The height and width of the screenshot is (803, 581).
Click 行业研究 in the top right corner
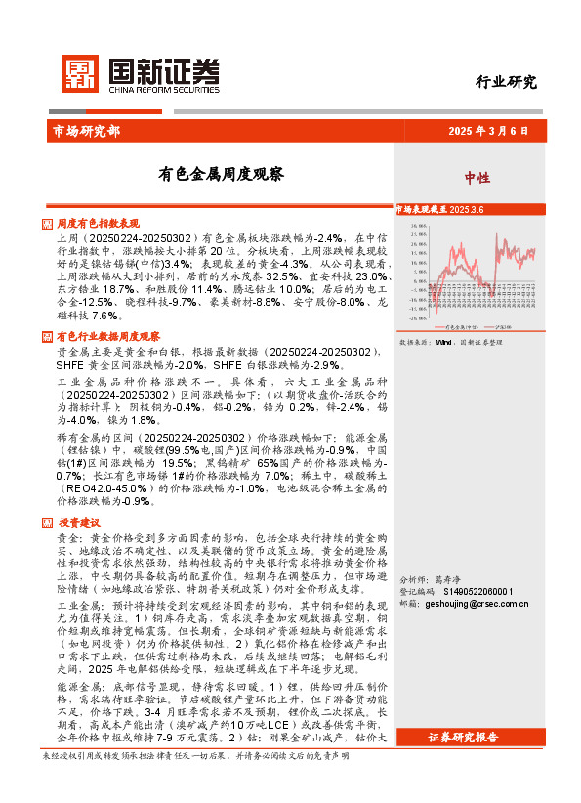(x=505, y=82)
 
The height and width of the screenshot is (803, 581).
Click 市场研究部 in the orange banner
(x=85, y=131)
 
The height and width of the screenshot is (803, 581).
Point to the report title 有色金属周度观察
(x=222, y=175)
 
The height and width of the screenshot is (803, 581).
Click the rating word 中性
(x=477, y=178)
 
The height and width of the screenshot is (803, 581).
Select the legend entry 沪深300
(x=504, y=324)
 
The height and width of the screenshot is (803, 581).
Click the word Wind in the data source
(x=443, y=343)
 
